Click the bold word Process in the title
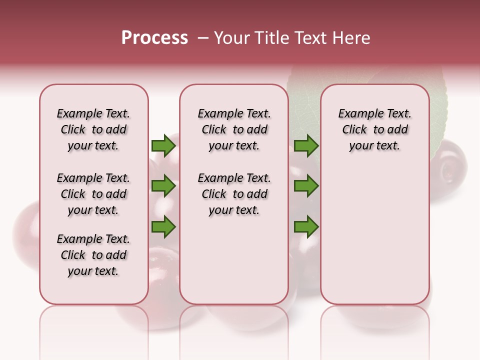coord(154,38)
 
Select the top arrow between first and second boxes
coord(163,145)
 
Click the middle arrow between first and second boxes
coord(163,186)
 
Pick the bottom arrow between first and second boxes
coord(163,227)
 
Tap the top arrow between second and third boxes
coord(306,145)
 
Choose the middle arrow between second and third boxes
coord(306,186)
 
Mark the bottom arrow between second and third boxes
coord(306,227)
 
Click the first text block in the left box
coord(93,129)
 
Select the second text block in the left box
coord(93,194)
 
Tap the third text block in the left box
coord(93,255)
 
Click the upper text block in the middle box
coord(234,129)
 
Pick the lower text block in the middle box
coord(234,194)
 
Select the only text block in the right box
coord(374,129)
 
